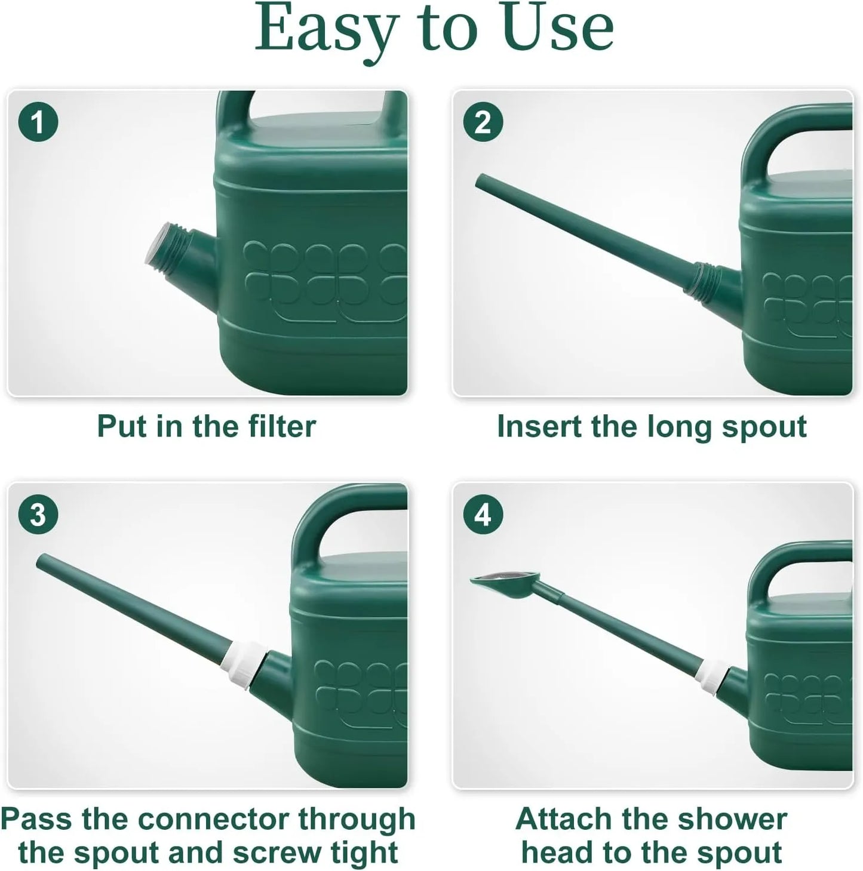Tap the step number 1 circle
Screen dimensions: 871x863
click(38, 122)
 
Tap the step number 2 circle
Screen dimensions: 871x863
click(483, 122)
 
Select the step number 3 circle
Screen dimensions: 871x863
click(38, 514)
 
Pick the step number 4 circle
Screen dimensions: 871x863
click(483, 514)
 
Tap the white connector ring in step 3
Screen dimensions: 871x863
click(245, 663)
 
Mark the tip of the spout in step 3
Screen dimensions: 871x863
click(42, 561)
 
